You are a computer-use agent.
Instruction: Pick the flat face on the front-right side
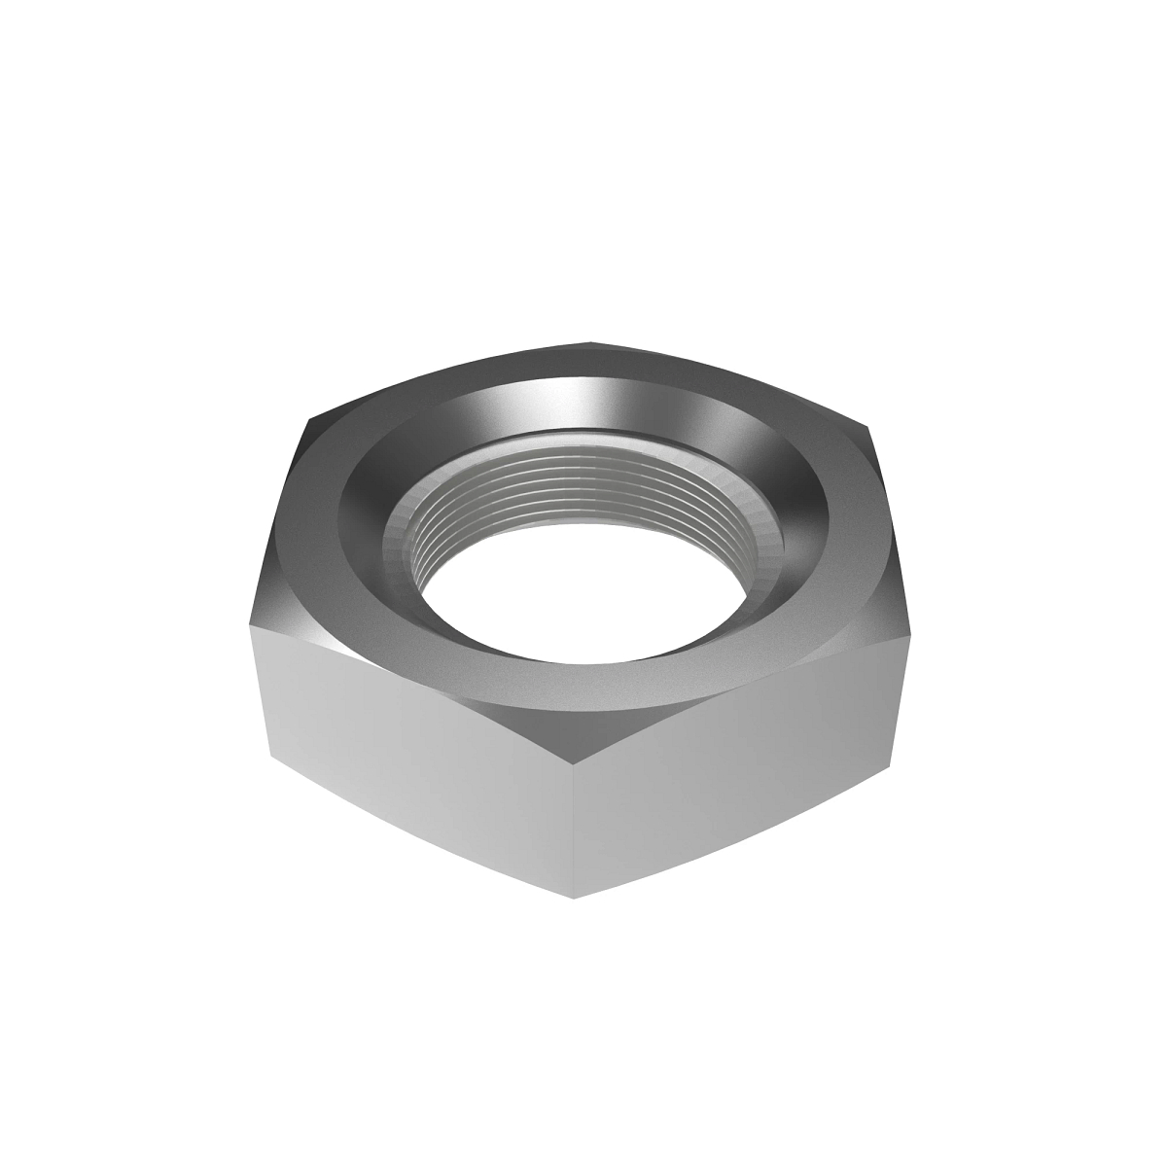click(739, 749)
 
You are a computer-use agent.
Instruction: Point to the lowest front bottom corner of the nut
click(574, 897)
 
